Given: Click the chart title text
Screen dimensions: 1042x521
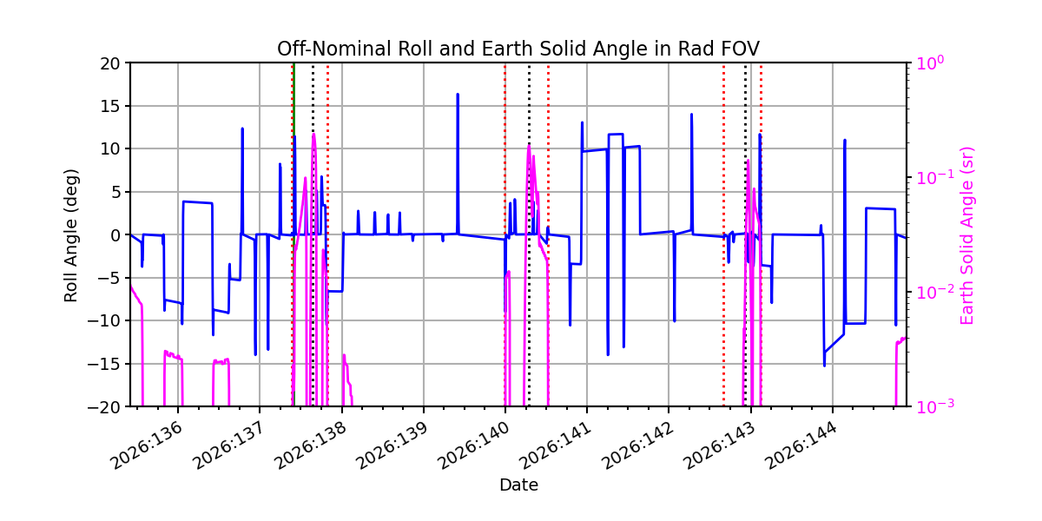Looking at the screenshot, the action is tap(518, 49).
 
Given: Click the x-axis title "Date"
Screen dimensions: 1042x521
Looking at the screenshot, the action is tap(518, 485).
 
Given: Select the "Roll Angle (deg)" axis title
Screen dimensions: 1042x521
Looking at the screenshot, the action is tap(70, 235).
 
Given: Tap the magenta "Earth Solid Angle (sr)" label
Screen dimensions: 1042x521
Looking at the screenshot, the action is tap(966, 235).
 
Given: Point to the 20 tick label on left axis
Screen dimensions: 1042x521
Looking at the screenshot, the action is tap(109, 63).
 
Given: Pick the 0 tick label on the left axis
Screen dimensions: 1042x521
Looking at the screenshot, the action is tap(115, 235).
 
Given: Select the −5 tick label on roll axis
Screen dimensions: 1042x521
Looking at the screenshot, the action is tap(109, 278).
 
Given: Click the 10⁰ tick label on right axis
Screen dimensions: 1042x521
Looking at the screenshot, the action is tap(930, 63).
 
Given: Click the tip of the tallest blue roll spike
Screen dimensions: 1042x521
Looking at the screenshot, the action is tap(458, 95).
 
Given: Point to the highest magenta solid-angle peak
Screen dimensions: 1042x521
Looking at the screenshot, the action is tap(314, 135).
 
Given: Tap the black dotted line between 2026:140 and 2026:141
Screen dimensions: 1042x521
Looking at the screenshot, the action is tap(529, 234).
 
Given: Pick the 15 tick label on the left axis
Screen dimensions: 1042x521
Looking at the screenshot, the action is tap(109, 106).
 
